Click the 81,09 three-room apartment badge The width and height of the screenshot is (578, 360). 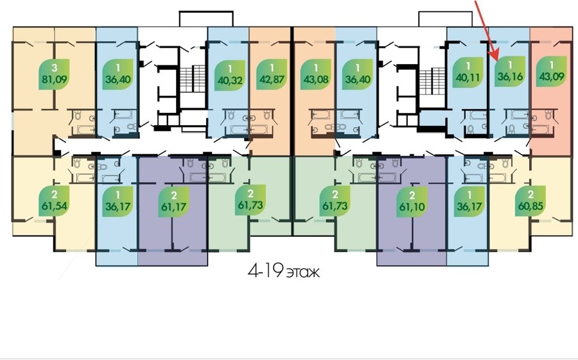click(55, 74)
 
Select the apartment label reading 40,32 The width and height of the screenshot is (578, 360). click(230, 75)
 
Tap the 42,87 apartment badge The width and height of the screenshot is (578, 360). click(272, 75)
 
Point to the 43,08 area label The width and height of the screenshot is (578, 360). click(316, 75)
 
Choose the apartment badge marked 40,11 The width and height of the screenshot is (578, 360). click(468, 73)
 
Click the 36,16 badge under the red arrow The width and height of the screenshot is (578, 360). click(510, 71)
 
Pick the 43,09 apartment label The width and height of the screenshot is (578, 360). click(552, 71)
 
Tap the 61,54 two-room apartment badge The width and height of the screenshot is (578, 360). click(55, 200)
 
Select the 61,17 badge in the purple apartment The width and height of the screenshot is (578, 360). click(173, 201)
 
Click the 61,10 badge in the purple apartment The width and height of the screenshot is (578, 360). click(412, 201)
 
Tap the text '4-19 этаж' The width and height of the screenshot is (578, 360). click(284, 272)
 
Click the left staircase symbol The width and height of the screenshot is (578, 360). click(193, 78)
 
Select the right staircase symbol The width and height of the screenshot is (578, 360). click(432, 81)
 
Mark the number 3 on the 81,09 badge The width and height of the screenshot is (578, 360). click(55, 68)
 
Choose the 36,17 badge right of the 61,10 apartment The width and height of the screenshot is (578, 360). click(469, 201)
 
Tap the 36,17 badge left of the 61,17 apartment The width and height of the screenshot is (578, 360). click(118, 201)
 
